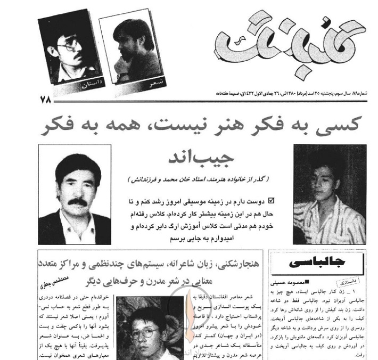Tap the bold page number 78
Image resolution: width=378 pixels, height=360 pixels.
(45, 99)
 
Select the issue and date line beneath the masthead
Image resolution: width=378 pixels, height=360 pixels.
(293, 92)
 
